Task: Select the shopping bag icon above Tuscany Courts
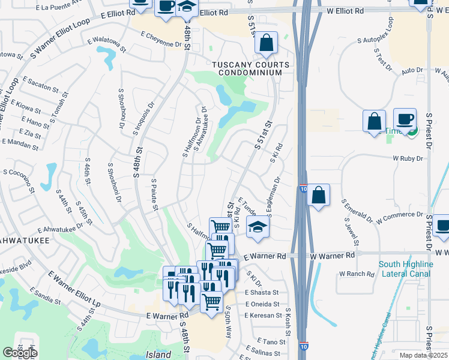(266, 43)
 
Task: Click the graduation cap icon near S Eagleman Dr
(258, 227)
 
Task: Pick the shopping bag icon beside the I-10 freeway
(319, 195)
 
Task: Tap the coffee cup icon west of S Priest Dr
(405, 119)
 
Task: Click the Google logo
(20, 353)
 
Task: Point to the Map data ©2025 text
(423, 355)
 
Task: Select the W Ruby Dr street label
(408, 159)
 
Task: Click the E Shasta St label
(262, 292)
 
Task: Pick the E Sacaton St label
(38, 80)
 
